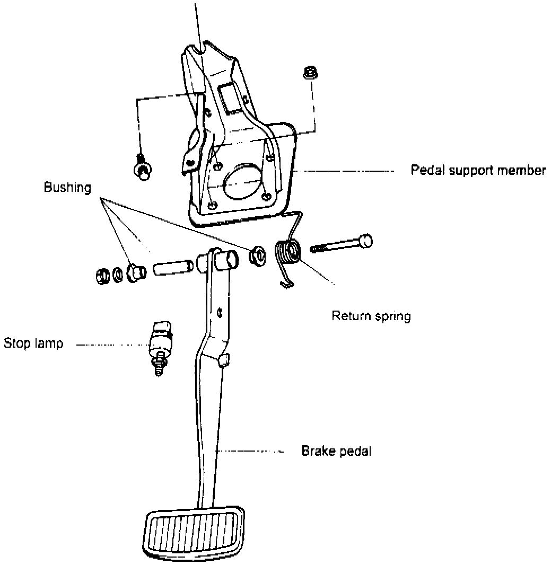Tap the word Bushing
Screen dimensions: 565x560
click(67, 188)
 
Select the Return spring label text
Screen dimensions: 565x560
click(371, 316)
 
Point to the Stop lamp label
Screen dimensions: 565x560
click(33, 343)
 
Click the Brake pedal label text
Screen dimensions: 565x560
click(336, 451)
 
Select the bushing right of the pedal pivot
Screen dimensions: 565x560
click(258, 255)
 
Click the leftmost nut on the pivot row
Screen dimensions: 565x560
click(101, 276)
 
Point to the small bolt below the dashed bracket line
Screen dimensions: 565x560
click(142, 167)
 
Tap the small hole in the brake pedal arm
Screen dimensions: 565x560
click(220, 312)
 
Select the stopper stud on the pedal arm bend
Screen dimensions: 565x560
click(223, 360)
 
